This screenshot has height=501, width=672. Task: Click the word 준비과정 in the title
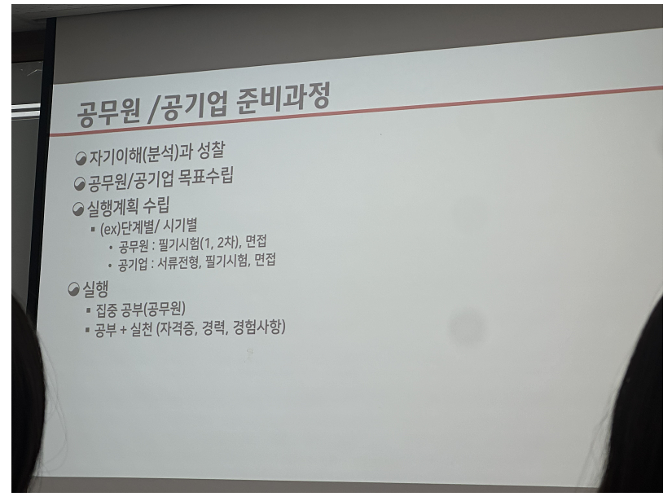(x=283, y=99)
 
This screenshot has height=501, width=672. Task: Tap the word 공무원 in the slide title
(x=108, y=112)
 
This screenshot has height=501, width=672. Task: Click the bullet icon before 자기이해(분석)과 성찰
(x=81, y=159)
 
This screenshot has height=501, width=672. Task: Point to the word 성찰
(x=210, y=151)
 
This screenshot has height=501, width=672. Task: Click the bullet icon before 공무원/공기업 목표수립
(x=79, y=184)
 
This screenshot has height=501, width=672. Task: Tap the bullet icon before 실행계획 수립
(x=78, y=209)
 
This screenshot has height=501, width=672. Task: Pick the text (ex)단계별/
(x=130, y=228)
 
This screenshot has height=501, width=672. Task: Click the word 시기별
(x=180, y=226)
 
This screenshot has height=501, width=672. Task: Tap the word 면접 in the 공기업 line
(x=265, y=260)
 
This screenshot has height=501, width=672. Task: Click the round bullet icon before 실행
(x=73, y=289)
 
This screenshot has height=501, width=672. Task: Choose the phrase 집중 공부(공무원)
(x=141, y=309)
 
